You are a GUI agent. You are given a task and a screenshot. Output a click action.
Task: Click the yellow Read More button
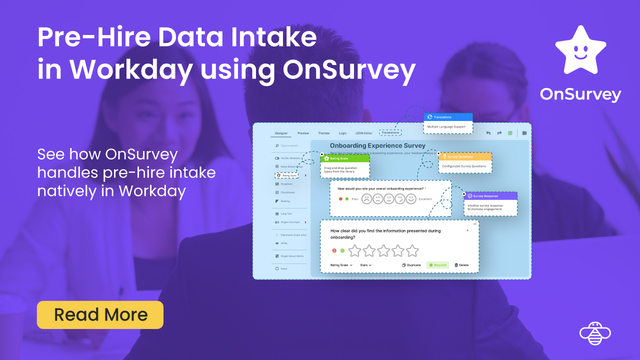pos(100,314)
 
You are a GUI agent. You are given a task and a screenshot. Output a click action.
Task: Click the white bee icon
pos(595,333)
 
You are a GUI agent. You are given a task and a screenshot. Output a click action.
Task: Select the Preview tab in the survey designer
pos(303,133)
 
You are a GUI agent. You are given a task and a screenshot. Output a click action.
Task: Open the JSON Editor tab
pos(363,133)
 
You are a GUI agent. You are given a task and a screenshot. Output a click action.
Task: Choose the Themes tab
pos(324,133)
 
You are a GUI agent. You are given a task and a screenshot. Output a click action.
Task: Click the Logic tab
pos(342,133)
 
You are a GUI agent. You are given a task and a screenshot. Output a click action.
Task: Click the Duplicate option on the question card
pos(411,265)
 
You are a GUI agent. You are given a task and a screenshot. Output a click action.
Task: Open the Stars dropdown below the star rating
pos(366,265)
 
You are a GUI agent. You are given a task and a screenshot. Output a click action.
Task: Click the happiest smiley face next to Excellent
pos(411,199)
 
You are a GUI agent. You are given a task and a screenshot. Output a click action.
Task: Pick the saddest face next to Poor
pos(366,199)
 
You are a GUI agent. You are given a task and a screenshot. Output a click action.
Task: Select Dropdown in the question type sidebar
pos(286,184)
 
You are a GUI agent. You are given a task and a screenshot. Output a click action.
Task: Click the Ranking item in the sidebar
pos(285,201)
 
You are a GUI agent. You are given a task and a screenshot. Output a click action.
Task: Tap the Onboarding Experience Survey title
pos(377,145)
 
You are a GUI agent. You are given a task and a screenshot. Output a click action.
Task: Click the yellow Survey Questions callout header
pos(465,156)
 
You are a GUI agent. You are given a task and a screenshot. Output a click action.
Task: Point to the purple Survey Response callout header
pos(490,196)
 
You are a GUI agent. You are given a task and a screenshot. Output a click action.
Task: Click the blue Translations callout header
pos(448,117)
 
